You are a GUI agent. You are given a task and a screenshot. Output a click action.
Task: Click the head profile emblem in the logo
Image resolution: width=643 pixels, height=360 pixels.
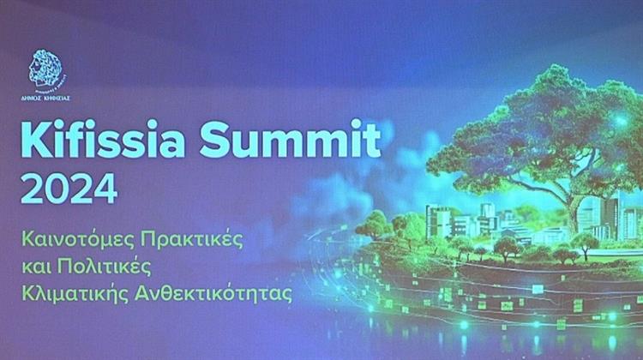(47, 68)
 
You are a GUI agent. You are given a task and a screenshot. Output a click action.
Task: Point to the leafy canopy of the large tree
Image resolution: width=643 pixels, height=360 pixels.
(536, 129)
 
